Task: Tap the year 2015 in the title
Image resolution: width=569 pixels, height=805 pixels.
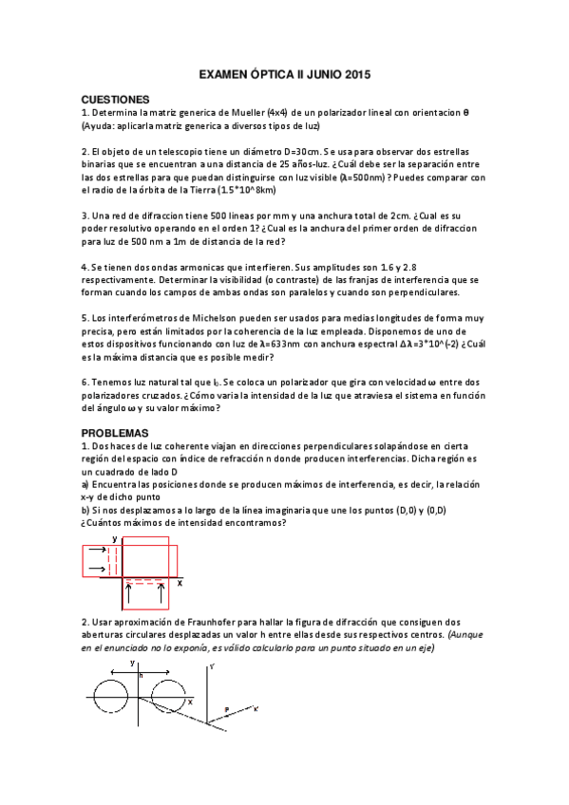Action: [x=353, y=73]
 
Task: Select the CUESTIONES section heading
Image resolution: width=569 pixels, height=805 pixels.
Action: [x=116, y=99]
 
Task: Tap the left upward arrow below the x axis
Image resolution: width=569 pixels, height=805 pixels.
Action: [x=129, y=596]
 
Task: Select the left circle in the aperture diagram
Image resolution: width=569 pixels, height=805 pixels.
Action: [x=115, y=696]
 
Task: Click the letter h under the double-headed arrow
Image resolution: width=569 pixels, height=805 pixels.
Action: [x=141, y=675]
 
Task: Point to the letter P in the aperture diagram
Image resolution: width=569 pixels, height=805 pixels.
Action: [x=226, y=709]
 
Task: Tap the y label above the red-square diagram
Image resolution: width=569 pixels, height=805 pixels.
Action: [x=114, y=537]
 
